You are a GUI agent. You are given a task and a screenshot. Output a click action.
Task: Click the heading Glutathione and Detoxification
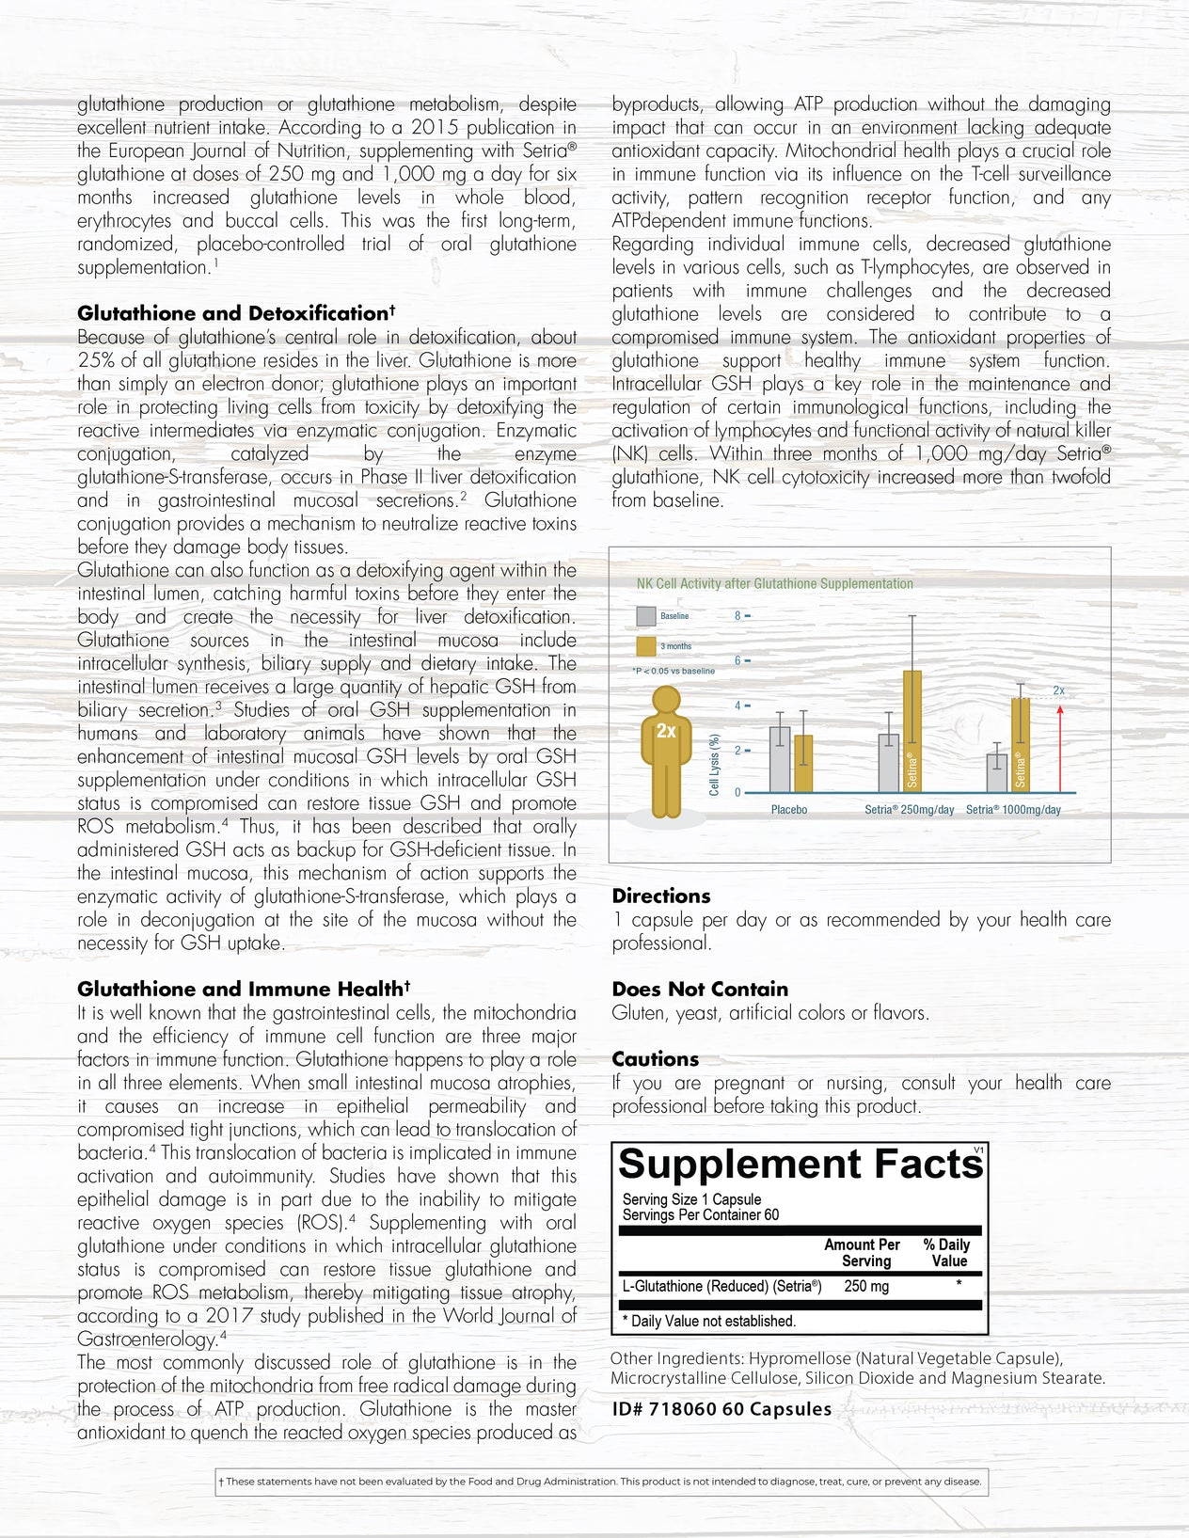tap(236, 313)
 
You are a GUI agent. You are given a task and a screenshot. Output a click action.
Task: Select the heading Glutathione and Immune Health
tap(244, 989)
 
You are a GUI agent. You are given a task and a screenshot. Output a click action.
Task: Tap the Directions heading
tap(661, 896)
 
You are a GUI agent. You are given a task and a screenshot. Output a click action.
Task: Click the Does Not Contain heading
tap(700, 989)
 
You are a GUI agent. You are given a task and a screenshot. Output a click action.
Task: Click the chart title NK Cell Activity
tap(774, 583)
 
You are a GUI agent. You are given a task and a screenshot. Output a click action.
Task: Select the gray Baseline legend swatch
tap(645, 616)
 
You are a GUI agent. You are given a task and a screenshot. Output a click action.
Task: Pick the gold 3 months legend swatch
tap(645, 646)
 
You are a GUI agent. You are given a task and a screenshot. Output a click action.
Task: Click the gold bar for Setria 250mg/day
tap(912, 731)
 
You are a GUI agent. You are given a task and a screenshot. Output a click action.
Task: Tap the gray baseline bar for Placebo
tap(780, 759)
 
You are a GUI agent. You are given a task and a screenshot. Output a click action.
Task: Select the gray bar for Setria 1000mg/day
tap(997, 772)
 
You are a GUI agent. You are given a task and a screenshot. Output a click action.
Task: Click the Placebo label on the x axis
tap(789, 810)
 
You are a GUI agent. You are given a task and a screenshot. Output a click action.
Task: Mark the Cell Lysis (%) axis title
tap(714, 765)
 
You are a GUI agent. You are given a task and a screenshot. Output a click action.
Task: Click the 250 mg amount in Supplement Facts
tap(866, 1286)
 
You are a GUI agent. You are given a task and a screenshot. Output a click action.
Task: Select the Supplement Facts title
tap(801, 1165)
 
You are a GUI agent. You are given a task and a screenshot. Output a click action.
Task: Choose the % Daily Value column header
tap(947, 1253)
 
